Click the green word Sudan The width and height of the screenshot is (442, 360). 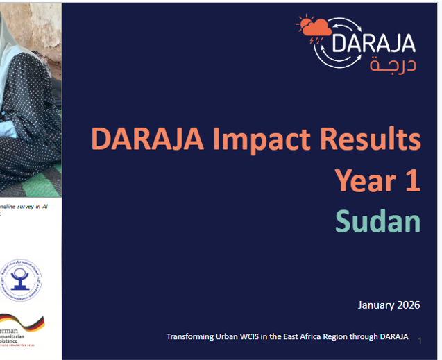click(378, 221)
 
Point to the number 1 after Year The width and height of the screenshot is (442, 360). click(410, 181)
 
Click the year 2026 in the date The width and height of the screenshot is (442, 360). click(409, 305)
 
